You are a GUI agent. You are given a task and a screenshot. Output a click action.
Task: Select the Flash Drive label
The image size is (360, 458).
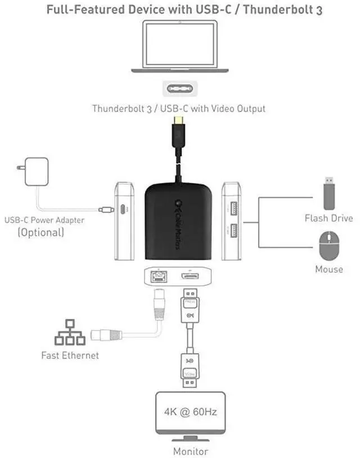click(x=329, y=218)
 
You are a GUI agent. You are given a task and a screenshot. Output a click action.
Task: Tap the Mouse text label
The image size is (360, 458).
click(x=329, y=269)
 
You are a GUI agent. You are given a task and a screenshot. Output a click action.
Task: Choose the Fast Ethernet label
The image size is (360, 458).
click(x=70, y=355)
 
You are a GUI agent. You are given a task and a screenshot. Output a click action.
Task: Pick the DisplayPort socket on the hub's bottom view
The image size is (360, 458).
click(x=188, y=276)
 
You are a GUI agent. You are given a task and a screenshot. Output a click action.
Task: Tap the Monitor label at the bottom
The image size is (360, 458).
click(x=190, y=451)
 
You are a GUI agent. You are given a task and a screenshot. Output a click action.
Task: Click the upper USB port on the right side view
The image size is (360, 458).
click(x=231, y=209)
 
